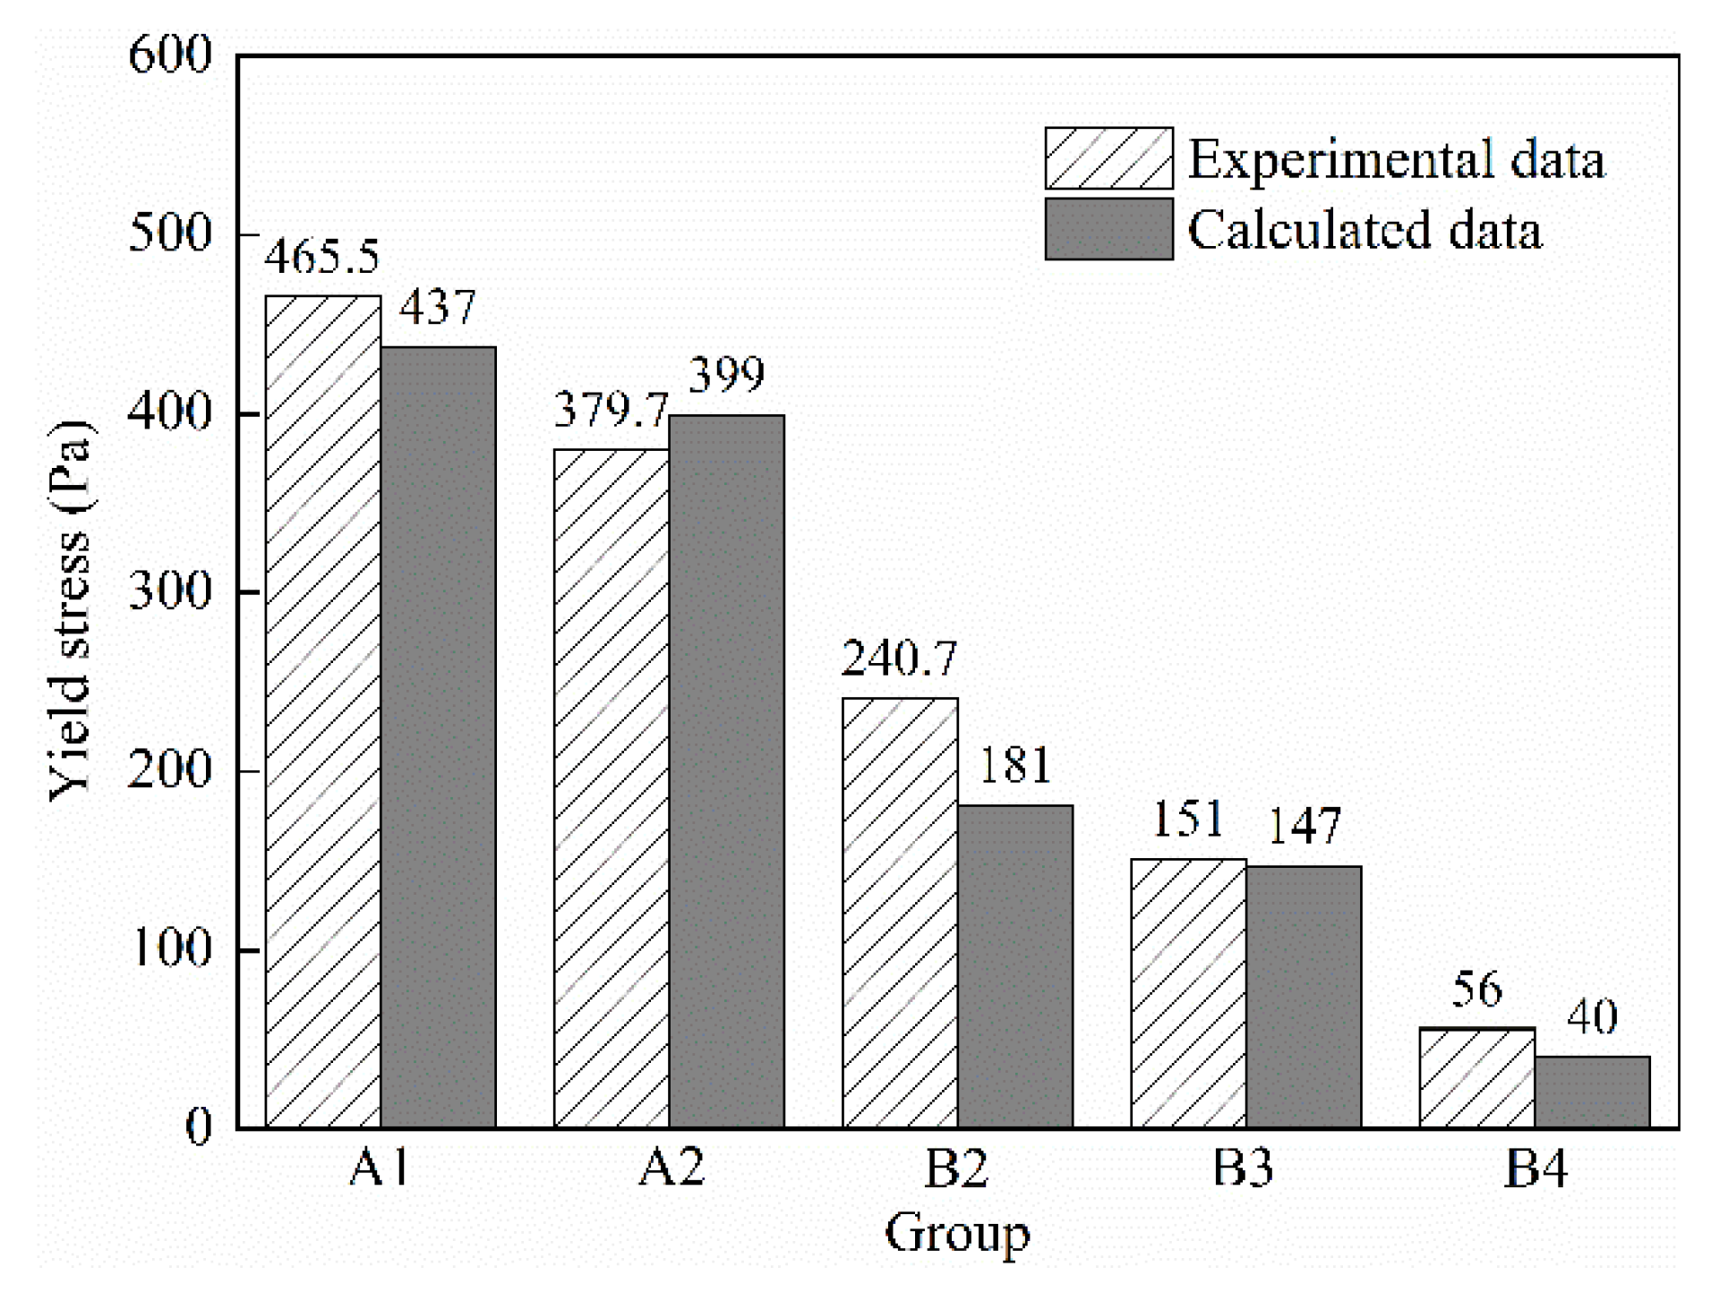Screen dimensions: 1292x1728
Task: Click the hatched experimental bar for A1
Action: pos(322,711)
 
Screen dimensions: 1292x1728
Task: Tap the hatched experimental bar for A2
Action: pos(611,787)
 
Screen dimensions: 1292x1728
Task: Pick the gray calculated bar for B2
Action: pos(1014,966)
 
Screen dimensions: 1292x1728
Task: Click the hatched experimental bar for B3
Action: pos(1188,993)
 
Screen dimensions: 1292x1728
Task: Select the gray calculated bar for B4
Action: pos(1592,1092)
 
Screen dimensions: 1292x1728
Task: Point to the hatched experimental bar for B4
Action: pos(1476,1077)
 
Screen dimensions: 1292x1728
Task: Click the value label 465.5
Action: pos(321,257)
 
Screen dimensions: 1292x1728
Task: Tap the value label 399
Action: pos(726,375)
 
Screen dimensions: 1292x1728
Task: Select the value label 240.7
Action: pos(899,659)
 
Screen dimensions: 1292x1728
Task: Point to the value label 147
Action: pos(1305,827)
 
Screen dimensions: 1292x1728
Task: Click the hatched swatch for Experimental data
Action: pos(1108,158)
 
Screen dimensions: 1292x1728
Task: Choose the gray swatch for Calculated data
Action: pos(1108,229)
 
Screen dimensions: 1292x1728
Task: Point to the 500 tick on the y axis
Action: pos(170,234)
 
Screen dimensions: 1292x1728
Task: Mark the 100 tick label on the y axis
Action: pos(170,949)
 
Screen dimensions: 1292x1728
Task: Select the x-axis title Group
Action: pos(957,1234)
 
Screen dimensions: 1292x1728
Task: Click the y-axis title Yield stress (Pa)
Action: pos(70,610)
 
